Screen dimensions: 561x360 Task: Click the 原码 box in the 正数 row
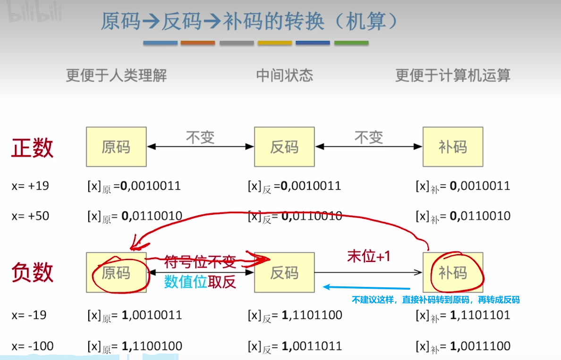point(116,147)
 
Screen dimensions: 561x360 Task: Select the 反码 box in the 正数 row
point(284,147)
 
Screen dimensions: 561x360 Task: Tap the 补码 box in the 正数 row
point(452,147)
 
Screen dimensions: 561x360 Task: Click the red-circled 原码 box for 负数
point(116,272)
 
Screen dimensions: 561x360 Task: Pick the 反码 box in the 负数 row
point(284,272)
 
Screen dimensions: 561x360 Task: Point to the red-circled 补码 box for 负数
point(452,272)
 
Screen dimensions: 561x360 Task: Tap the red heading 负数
point(32,273)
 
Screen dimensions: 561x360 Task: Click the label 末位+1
point(368,256)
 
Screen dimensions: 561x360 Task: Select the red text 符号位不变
point(199,260)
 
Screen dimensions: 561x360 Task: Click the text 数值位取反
point(200,282)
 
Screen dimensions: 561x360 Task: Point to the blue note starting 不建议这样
point(435,300)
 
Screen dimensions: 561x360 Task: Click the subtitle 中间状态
point(284,75)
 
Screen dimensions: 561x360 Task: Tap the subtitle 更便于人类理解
point(116,75)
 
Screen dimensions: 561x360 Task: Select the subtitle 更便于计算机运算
point(452,75)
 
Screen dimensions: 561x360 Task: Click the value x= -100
point(34,346)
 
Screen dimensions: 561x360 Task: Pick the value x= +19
point(30,185)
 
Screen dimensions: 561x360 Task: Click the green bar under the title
point(351,43)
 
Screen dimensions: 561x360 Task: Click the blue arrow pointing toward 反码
point(366,287)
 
